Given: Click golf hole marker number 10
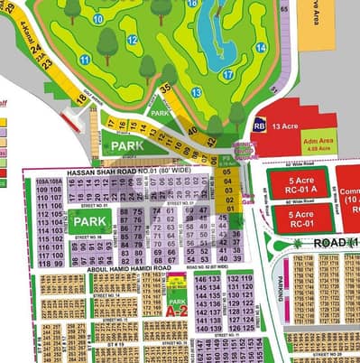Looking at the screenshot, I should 97,17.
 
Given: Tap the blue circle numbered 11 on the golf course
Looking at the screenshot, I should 85,60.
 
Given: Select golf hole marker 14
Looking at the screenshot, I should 261,47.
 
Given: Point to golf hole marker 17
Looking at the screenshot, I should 228,75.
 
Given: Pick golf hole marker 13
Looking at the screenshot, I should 197,92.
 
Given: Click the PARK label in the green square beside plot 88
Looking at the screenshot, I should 91,221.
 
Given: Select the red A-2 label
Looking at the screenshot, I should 176,310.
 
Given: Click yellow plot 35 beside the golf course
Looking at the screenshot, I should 165,88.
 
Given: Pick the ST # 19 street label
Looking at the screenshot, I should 114,344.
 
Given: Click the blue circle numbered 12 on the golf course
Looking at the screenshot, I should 133,40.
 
